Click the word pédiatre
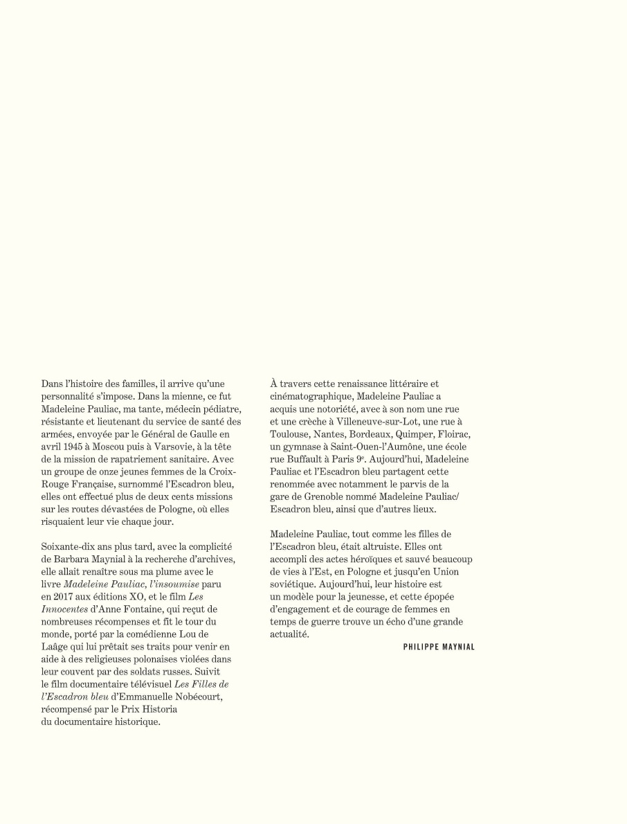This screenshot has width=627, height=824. point(217,409)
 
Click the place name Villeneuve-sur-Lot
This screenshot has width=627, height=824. point(361,421)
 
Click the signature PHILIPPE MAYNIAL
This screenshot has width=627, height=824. point(439,647)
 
